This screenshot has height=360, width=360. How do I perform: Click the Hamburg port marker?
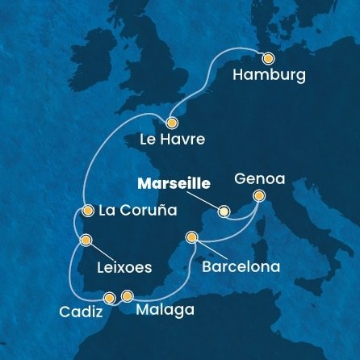[269, 58]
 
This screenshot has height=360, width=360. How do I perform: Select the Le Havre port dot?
[171, 123]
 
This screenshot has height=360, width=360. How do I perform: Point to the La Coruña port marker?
[86, 211]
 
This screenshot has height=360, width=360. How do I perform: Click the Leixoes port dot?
[86, 239]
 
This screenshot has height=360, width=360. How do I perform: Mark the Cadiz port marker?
[109, 297]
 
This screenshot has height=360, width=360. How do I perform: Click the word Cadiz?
[81, 312]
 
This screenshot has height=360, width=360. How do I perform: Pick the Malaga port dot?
[127, 296]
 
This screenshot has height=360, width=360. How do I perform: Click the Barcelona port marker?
[191, 237]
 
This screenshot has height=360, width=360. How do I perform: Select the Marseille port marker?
[224, 211]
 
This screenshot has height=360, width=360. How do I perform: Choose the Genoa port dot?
[258, 195]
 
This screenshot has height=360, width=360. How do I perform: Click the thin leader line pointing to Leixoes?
[101, 249]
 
